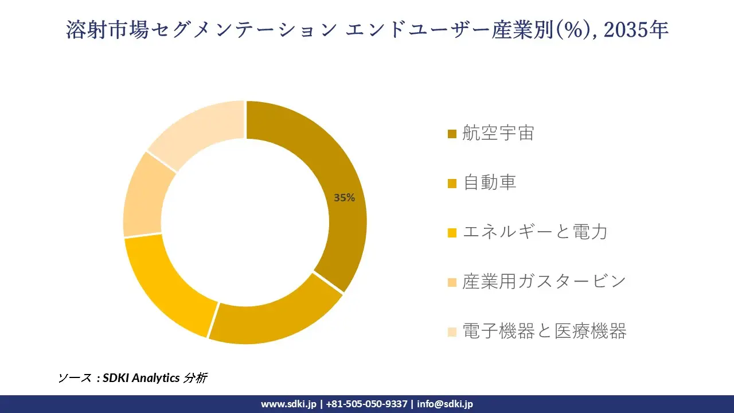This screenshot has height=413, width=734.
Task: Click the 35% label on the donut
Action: pos(345,198)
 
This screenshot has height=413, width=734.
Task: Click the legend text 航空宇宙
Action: pos(498,134)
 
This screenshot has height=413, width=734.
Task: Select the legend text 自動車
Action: pos(490,183)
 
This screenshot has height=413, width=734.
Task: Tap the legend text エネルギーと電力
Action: pos(534,232)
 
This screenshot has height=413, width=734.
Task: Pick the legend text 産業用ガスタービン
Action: pos(544,282)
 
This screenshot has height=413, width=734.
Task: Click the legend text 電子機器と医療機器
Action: pos(544,331)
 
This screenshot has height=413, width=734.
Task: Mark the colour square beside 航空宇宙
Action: pos(452,134)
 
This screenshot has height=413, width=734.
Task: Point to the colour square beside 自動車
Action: pos(452,184)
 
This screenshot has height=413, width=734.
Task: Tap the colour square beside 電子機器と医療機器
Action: pos(452,332)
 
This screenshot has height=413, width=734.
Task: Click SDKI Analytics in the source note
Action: pos(141,378)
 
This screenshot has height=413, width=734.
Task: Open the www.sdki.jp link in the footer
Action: pos(288,404)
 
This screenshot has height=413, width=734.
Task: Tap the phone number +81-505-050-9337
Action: pos(366,404)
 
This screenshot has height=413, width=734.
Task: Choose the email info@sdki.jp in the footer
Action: pos(445,404)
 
